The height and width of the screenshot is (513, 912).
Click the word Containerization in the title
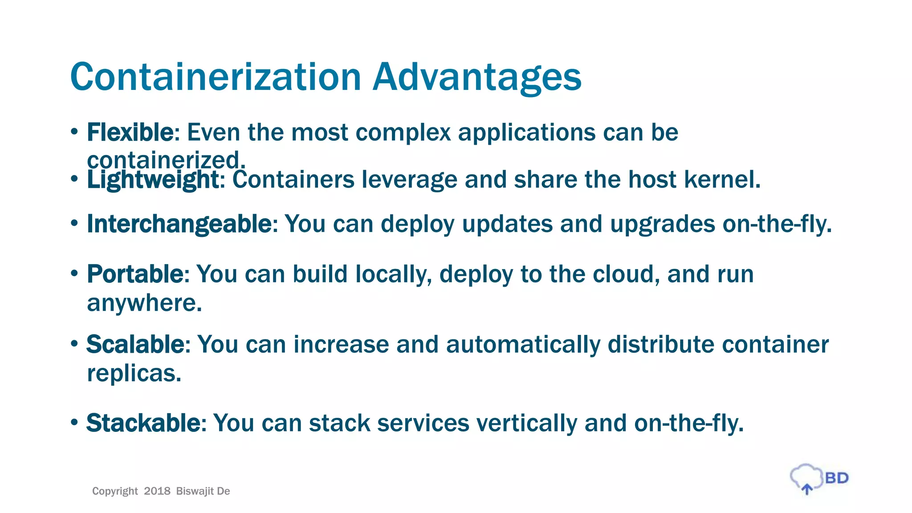pyautogui.click(x=216, y=77)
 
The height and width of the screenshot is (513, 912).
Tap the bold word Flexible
pyautogui.click(x=130, y=132)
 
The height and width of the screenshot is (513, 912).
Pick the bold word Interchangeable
pyautogui.click(x=179, y=224)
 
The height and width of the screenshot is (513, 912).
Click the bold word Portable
pyautogui.click(x=135, y=274)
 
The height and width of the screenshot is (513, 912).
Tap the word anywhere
pyautogui.click(x=144, y=304)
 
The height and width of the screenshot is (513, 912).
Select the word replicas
pyautogui.click(x=134, y=373)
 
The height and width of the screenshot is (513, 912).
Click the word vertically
pyautogui.click(x=527, y=423)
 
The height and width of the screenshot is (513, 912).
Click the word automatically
pyautogui.click(x=523, y=345)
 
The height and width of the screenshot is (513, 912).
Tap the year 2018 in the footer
pyautogui.click(x=157, y=491)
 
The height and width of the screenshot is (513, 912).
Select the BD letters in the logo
pyautogui.click(x=836, y=478)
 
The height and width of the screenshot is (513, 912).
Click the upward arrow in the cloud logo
pyautogui.click(x=807, y=489)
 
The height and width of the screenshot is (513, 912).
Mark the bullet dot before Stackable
pyautogui.click(x=74, y=421)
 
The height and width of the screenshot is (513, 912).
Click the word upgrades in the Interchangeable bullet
pyautogui.click(x=662, y=224)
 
